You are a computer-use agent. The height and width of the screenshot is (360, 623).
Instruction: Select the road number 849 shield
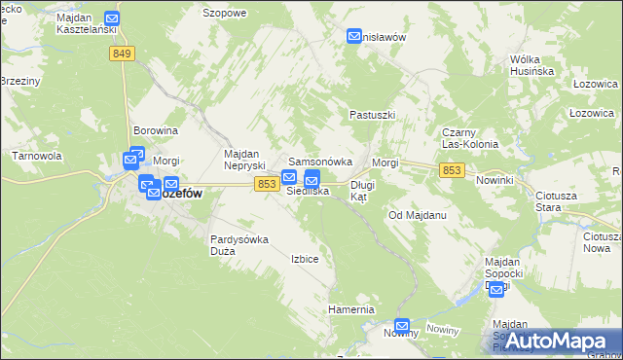point(122,54)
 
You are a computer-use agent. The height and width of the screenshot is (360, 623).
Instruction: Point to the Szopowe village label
point(225,13)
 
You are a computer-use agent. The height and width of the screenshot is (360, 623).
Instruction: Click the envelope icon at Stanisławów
point(354,37)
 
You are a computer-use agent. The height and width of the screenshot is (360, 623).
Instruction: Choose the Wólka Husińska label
point(531,65)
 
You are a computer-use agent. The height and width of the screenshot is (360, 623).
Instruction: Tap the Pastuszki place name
point(372,115)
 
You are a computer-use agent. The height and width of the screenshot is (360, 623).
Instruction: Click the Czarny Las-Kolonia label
point(470,137)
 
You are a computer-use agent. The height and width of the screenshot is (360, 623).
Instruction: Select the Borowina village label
point(156,130)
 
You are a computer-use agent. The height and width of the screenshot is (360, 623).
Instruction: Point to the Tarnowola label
point(37,156)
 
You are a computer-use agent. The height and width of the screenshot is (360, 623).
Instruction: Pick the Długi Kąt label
point(362,190)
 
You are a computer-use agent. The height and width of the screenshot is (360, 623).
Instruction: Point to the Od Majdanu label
point(417,215)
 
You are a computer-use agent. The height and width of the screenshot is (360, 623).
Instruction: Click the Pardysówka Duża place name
point(238,244)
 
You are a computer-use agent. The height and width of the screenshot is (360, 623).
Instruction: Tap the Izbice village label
point(305,259)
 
